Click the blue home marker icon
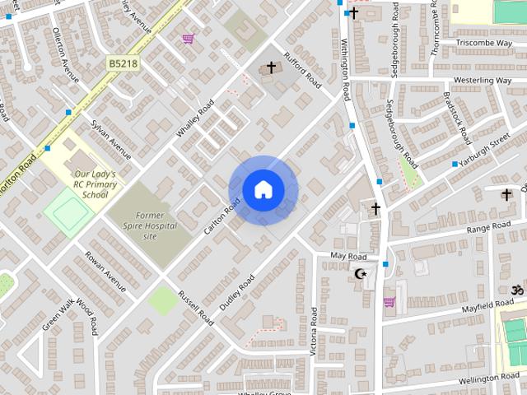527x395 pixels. (263, 190)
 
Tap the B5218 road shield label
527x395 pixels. (122, 63)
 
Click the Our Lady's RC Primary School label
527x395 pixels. (96, 184)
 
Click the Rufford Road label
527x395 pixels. (301, 71)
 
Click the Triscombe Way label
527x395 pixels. (483, 42)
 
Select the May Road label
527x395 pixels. (348, 257)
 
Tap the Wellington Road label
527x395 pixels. (489, 378)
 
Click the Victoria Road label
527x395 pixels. (313, 332)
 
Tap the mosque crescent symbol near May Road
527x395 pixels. (360, 273)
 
